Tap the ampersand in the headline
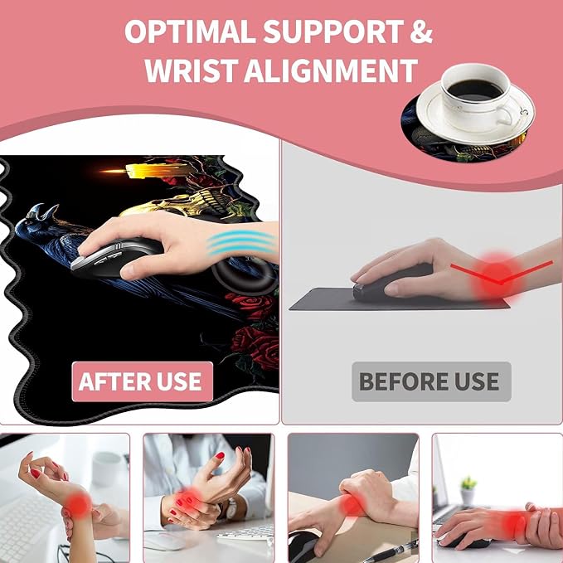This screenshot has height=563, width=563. [x=420, y=31]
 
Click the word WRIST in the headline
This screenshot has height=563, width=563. [x=192, y=70]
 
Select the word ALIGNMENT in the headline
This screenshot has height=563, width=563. [x=331, y=70]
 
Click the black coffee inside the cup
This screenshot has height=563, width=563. [x=474, y=90]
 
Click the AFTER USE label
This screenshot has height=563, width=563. [x=142, y=381]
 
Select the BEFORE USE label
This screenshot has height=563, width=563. [x=431, y=381]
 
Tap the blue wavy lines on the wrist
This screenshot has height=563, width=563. [x=241, y=243]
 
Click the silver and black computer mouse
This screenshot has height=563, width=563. [x=115, y=258]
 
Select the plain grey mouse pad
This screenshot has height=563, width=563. [x=399, y=299]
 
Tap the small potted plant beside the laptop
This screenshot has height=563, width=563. [x=468, y=491]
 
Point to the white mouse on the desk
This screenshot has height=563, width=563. [x=163, y=541]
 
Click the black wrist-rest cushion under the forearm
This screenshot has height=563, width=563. [x=244, y=274]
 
